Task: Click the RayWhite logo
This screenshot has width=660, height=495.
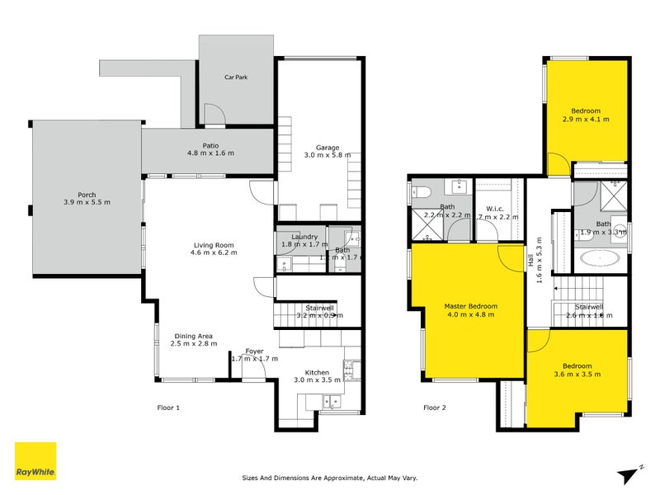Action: click(35, 462)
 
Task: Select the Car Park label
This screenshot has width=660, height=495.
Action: click(236, 78)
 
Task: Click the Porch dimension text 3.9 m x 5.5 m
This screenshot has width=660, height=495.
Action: click(87, 203)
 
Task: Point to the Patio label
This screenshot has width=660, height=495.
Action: click(210, 145)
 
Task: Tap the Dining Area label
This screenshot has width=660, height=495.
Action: click(195, 336)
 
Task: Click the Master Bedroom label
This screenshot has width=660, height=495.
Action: click(470, 306)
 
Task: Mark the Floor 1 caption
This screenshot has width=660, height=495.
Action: click(168, 408)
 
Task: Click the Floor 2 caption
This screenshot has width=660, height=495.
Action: click(434, 408)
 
